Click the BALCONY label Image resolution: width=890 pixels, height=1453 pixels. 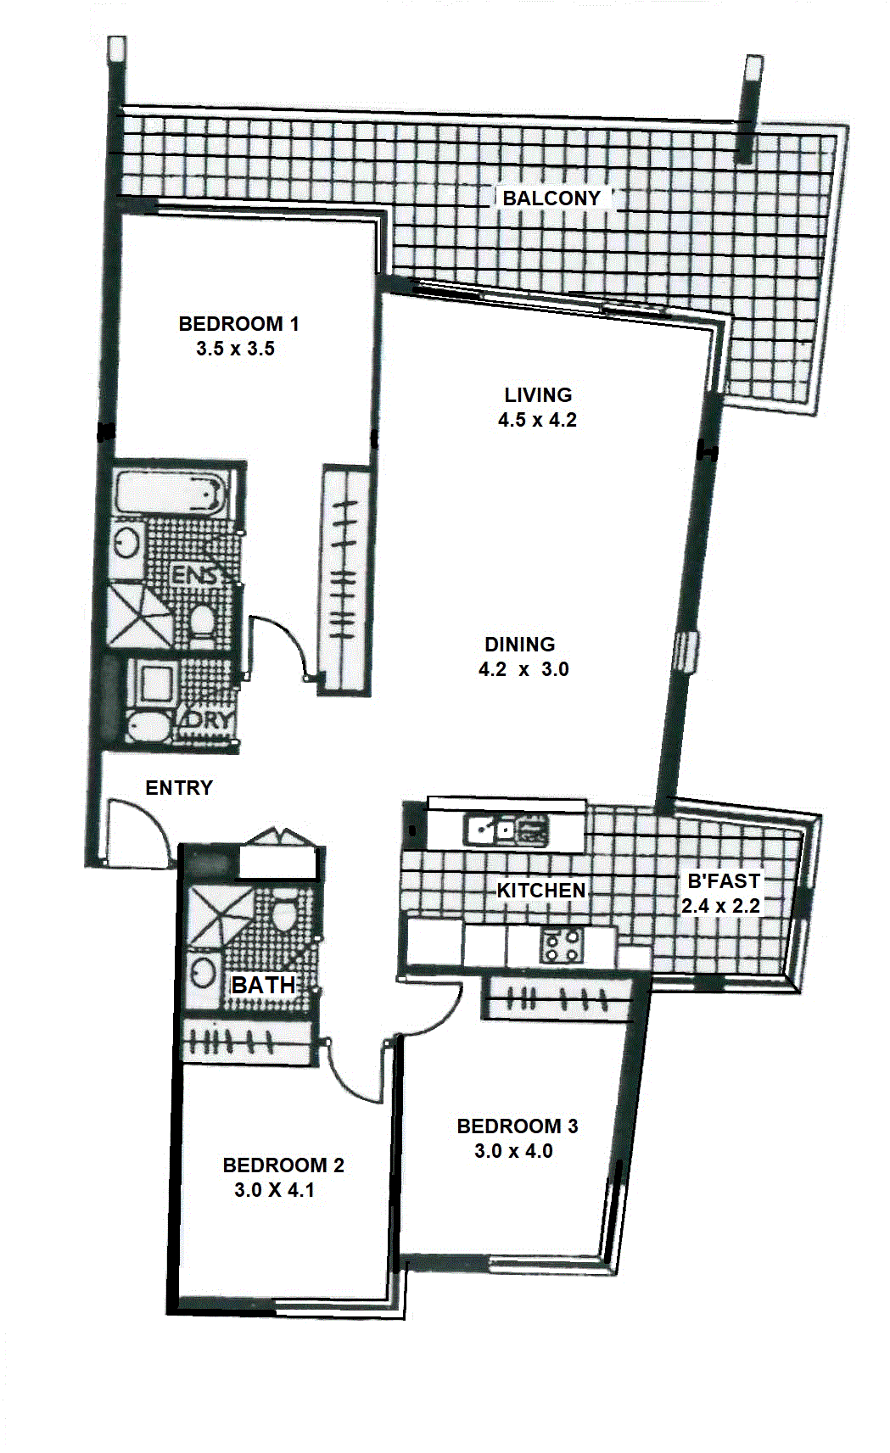[x=551, y=198]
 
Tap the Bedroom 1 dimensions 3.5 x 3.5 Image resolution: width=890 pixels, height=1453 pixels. [x=236, y=349]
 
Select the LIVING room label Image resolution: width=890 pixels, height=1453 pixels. [x=539, y=394]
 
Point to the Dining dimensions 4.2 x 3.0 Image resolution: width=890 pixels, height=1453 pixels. [x=523, y=668]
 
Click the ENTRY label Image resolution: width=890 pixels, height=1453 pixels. [x=179, y=787]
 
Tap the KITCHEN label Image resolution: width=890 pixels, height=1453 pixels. [x=541, y=890]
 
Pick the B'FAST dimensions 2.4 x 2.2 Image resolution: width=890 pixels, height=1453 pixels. [x=720, y=906]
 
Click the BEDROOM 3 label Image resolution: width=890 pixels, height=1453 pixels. [x=517, y=1126]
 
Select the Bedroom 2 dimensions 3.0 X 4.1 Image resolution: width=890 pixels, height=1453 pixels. [x=274, y=1190]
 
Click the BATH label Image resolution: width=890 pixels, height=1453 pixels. [x=263, y=985]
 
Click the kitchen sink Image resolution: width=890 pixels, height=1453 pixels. [x=507, y=830]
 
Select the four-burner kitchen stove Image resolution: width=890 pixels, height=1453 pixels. [x=562, y=947]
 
